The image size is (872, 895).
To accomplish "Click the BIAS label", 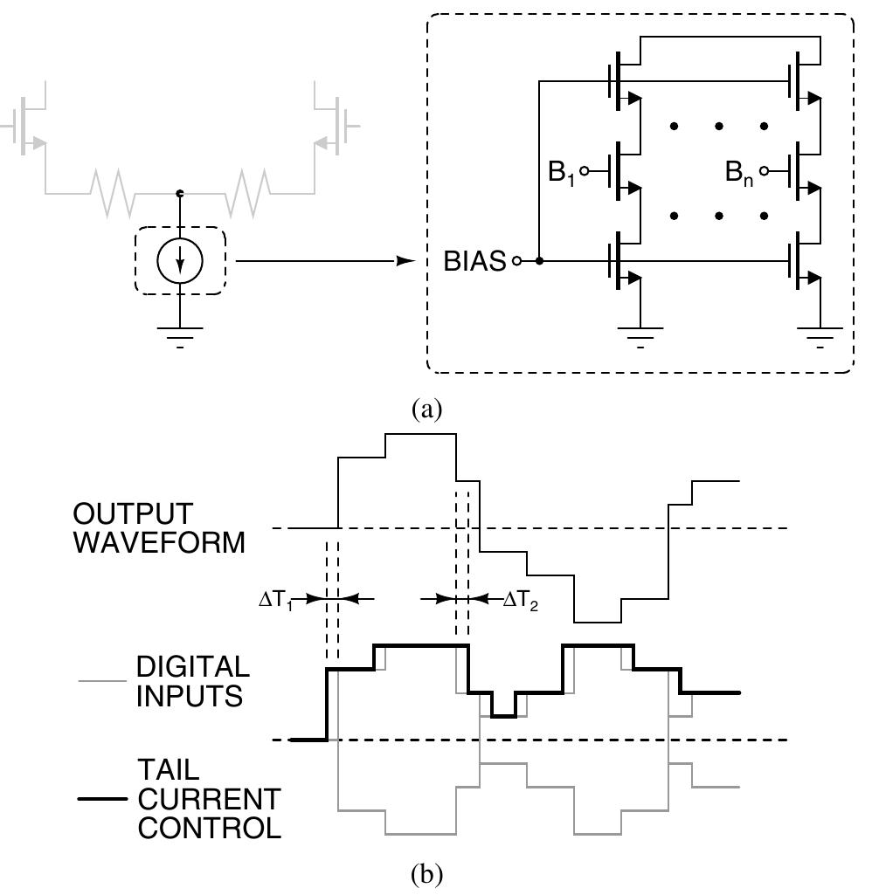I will [474, 261].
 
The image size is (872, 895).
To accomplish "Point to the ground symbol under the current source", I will [180, 334].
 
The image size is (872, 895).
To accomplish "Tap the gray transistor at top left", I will [30, 122].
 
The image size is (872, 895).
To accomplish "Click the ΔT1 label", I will [275, 600].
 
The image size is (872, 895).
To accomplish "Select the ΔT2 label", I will [520, 600].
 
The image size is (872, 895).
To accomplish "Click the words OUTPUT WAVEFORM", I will [158, 527].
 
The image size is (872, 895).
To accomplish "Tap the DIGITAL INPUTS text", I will [191, 681].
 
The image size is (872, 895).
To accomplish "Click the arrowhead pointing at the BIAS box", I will [405, 261].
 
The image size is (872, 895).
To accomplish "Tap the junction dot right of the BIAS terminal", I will [540, 261].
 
